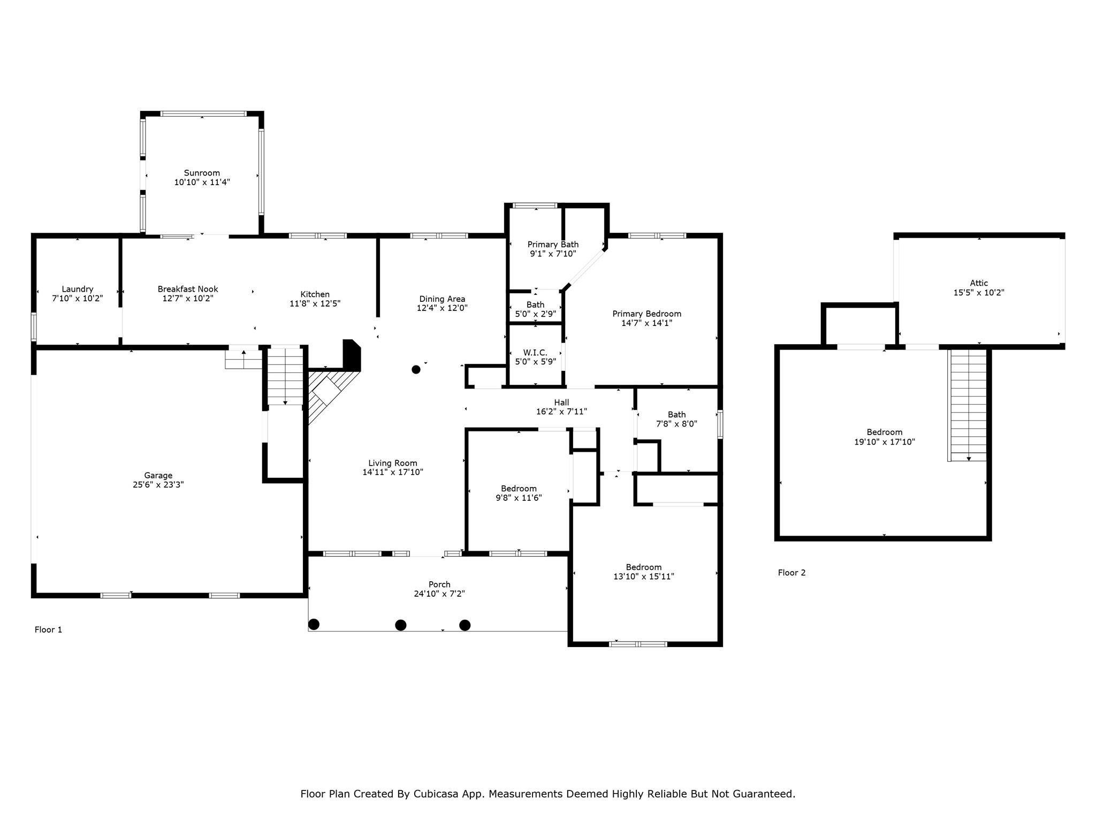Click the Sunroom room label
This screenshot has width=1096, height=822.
pos(202,173)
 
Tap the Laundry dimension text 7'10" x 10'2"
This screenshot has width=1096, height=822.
pos(78,299)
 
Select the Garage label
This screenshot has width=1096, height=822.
pos(158,475)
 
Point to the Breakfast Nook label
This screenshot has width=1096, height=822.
pos(188,289)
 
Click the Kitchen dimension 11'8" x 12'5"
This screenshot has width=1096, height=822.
pos(315,303)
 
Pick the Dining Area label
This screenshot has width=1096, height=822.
pos(442,299)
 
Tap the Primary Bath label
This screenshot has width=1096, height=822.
pos(553,245)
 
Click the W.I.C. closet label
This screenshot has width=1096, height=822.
pos(535,353)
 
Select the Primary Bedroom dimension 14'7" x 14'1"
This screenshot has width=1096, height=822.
pos(646,323)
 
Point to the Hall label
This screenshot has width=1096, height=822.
pos(561,402)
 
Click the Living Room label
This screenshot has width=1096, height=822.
pos(393,463)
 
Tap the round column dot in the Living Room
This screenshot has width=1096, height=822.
pos(416,369)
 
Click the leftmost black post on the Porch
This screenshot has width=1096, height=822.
pos(314,624)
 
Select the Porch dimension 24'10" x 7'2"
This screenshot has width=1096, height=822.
pos(439,594)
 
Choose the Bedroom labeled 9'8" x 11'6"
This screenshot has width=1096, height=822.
pos(519,489)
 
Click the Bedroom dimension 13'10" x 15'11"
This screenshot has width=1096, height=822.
pos(644,577)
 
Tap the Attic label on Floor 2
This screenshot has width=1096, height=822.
pos(979,283)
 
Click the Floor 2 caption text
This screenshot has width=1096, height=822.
pos(791,573)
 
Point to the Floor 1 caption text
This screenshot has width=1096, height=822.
pos(48,630)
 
